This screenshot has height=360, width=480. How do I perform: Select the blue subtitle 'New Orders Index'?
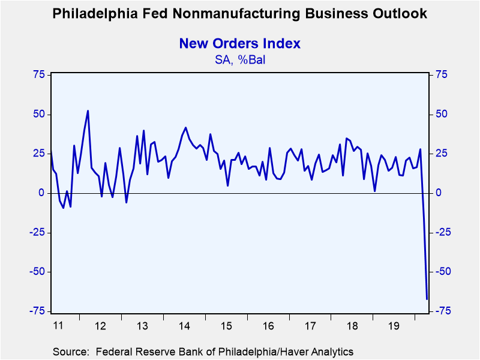(239, 43)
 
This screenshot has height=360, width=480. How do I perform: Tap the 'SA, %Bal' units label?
(239, 60)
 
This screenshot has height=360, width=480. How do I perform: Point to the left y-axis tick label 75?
(38, 74)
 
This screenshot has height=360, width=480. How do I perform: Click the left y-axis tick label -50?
(37, 272)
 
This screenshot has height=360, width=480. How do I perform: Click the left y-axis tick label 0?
(41, 193)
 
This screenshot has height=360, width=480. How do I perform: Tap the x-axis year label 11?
(58, 326)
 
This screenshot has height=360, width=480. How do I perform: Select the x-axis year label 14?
(184, 326)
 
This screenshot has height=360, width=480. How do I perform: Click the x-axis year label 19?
(394, 326)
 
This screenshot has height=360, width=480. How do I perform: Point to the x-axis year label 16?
(268, 326)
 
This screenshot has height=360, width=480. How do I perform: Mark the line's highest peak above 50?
(88, 111)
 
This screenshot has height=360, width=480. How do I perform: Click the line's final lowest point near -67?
(427, 299)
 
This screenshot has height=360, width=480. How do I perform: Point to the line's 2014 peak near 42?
(186, 128)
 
